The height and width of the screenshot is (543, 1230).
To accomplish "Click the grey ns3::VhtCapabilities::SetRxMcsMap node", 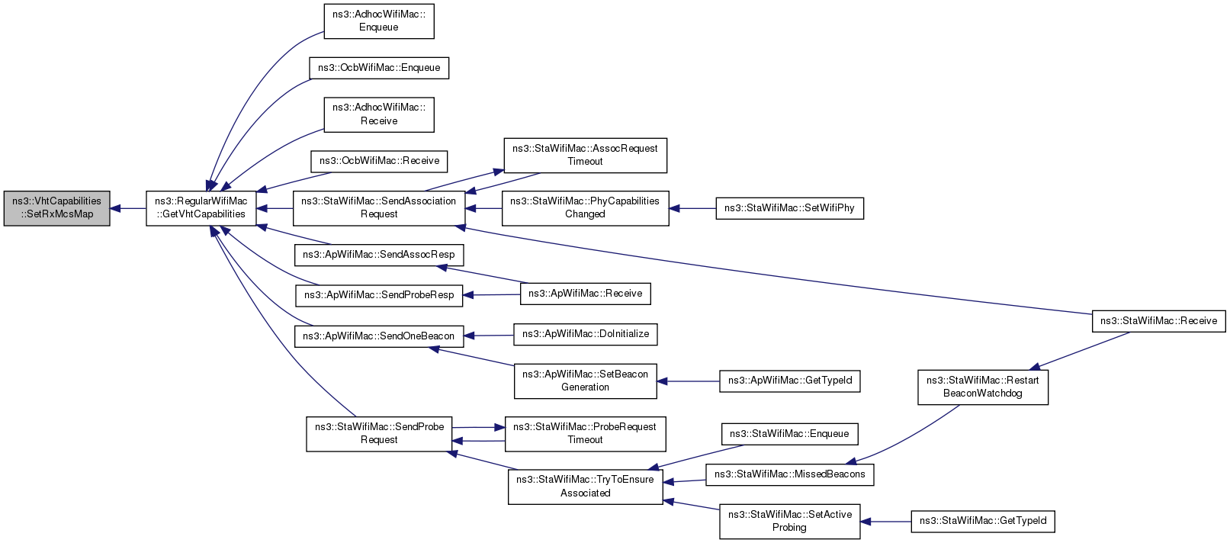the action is click(56, 208).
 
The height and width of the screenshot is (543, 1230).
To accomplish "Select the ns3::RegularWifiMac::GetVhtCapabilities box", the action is click(201, 208).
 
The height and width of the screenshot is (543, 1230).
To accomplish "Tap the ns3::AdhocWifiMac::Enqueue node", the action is click(379, 21).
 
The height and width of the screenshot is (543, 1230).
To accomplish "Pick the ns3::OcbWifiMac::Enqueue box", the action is click(379, 68).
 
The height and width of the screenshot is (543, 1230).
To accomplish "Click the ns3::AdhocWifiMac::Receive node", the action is click(379, 114).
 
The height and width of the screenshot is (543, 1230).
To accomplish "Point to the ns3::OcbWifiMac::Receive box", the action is click(379, 161).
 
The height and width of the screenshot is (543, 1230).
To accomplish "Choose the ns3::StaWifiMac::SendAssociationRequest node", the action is click(379, 208).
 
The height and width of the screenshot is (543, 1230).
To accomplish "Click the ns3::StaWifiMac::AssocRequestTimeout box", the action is click(586, 156).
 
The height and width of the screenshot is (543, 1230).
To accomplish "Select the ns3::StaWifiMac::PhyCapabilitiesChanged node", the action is click(586, 208).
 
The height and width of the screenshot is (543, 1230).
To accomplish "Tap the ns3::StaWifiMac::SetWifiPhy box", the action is click(789, 209).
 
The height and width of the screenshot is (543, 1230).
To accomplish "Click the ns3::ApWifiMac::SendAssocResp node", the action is click(379, 255).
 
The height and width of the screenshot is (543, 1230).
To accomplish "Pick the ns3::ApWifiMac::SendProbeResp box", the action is click(379, 295).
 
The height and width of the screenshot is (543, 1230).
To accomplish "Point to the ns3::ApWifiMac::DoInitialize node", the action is click(586, 334).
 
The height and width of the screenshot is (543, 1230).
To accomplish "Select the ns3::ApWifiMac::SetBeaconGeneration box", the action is click(586, 381).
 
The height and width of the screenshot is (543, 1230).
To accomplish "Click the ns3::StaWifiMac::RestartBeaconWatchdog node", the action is click(983, 387).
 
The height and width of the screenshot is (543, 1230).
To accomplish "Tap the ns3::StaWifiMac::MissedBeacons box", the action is click(789, 474).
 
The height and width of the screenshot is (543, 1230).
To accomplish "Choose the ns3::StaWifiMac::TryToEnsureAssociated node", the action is click(586, 487).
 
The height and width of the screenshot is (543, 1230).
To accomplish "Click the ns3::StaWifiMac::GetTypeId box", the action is click(983, 521).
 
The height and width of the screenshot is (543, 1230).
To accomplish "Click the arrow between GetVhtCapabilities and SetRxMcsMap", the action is click(128, 209).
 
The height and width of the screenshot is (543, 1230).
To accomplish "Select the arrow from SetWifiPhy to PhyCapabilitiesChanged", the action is click(692, 209).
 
